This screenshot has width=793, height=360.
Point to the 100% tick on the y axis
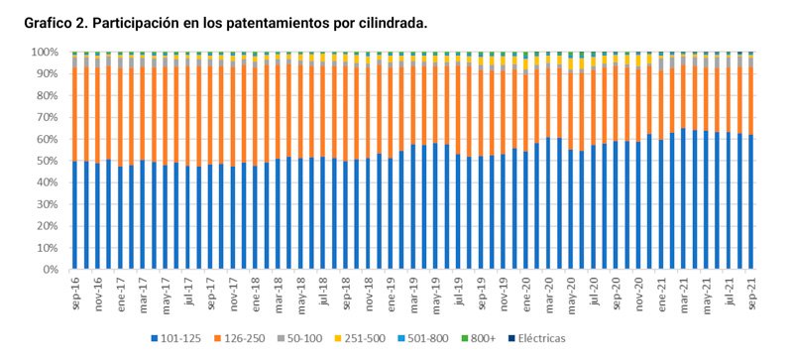(x=45, y=52)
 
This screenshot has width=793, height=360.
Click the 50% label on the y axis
(x=48, y=161)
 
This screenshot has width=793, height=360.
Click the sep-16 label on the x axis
(x=75, y=290)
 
